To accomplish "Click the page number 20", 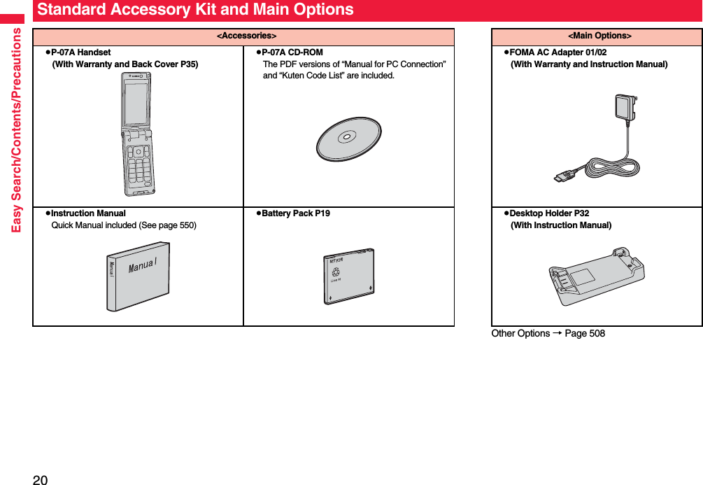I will coord(40,479).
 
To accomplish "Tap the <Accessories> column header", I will coord(243,36).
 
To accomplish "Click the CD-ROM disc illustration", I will coord(348,138).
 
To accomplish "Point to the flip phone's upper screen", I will coord(136,100).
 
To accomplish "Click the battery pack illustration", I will coord(348,276).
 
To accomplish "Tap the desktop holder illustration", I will coord(595,276).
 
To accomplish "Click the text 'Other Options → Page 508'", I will coord(548,333).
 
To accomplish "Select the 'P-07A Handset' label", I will coord(80,52).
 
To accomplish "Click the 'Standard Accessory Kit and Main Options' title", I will coord(195,10).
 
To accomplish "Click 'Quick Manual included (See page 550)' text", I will coord(124,225).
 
